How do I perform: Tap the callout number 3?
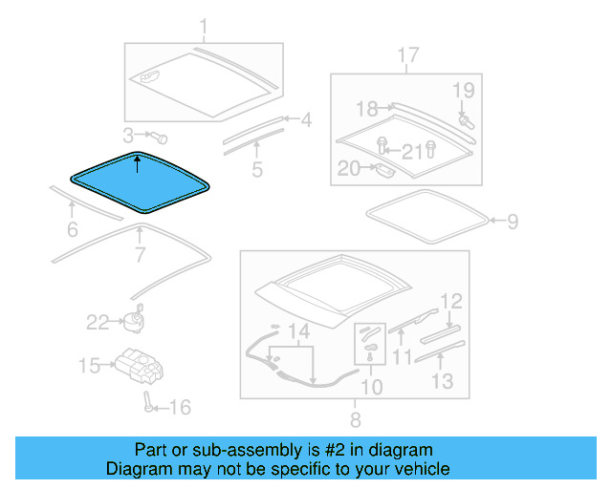pyautogui.click(x=129, y=135)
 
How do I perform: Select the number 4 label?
pyautogui.click(x=306, y=120)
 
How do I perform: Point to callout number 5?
pyautogui.click(x=257, y=171)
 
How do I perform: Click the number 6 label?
pyautogui.click(x=72, y=229)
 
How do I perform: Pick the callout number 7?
pyautogui.click(x=140, y=255)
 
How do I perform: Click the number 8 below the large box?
pyautogui.click(x=355, y=418)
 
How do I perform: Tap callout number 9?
pyautogui.click(x=513, y=223)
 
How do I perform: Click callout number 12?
pyautogui.click(x=451, y=302)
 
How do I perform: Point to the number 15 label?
pyautogui.click(x=89, y=366)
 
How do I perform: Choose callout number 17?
pyautogui.click(x=408, y=56)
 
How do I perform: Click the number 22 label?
pyautogui.click(x=98, y=323)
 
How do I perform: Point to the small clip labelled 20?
pyautogui.click(x=382, y=170)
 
